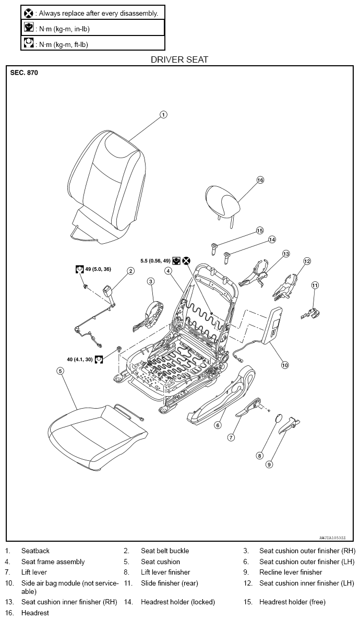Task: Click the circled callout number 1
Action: coord(163,115)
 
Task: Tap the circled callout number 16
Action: coord(260,180)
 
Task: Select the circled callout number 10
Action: coord(285,365)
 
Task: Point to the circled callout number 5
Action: coord(60,371)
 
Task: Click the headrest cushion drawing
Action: coord(223,199)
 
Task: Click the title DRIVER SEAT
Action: coord(179,59)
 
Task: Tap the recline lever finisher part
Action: coord(292,425)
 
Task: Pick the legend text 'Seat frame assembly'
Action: coord(53,562)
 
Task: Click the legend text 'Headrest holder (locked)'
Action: coord(178,602)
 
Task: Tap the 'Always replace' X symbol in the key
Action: coord(29,13)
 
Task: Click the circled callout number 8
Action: coord(260,456)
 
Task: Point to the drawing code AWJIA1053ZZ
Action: coord(333,538)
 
